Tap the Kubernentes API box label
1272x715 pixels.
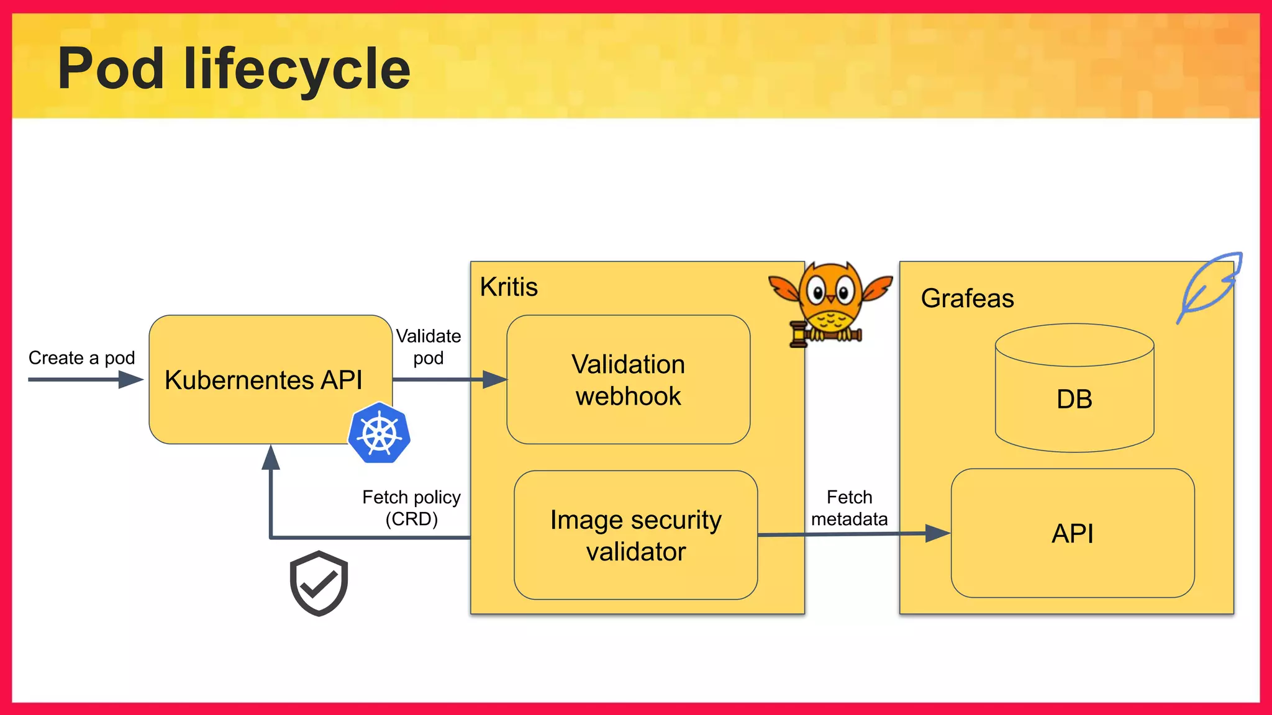[x=263, y=380]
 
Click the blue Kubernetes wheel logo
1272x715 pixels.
[x=379, y=433]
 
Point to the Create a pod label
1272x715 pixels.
[x=81, y=357]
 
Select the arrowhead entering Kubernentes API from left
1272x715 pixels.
[x=131, y=379]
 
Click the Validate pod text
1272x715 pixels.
[x=429, y=347]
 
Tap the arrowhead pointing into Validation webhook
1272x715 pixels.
[x=495, y=379]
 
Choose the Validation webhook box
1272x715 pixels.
[x=628, y=380]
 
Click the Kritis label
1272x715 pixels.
[x=509, y=287]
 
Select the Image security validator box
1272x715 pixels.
[x=635, y=535]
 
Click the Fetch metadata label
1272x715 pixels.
[x=849, y=508]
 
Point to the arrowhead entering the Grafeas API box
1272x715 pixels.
[x=937, y=533]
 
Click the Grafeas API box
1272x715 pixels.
[x=1072, y=534]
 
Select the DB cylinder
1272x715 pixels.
[x=1074, y=389]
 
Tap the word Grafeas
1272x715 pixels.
[x=967, y=299]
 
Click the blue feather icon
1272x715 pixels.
[x=1209, y=285]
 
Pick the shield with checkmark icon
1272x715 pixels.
[x=319, y=583]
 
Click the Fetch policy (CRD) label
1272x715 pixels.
[x=411, y=508]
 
